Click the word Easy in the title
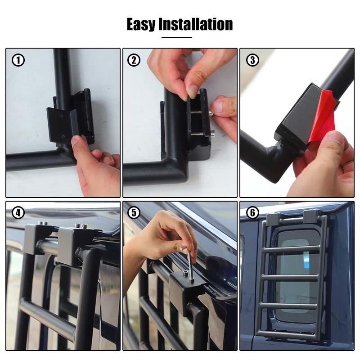coord(141,24)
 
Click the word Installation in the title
coord(196,24)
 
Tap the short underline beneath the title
coord(177,37)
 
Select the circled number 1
coord(18,60)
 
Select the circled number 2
coord(134,60)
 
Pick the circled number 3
coord(252,60)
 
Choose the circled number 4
coord(18,212)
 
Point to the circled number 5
coord(134,212)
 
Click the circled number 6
coord(252,212)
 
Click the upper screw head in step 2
coord(211,113)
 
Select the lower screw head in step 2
coord(213,132)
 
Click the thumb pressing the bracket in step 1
coord(79,147)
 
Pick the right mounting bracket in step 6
coord(310,216)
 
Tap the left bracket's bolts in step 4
coord(42,223)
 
